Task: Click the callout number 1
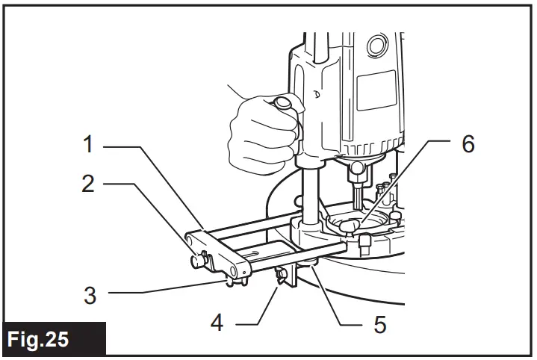point(89,145)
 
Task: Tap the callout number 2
point(89,184)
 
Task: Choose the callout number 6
point(468,145)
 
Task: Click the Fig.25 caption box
point(52,338)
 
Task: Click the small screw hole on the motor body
point(318,95)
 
